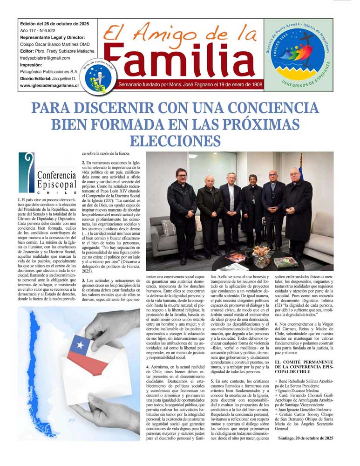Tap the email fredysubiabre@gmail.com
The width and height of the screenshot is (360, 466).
click(45, 58)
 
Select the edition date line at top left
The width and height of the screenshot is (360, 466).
click(54, 24)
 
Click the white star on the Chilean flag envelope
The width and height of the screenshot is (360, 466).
click(81, 345)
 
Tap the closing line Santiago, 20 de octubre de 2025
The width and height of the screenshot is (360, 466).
click(305, 438)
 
